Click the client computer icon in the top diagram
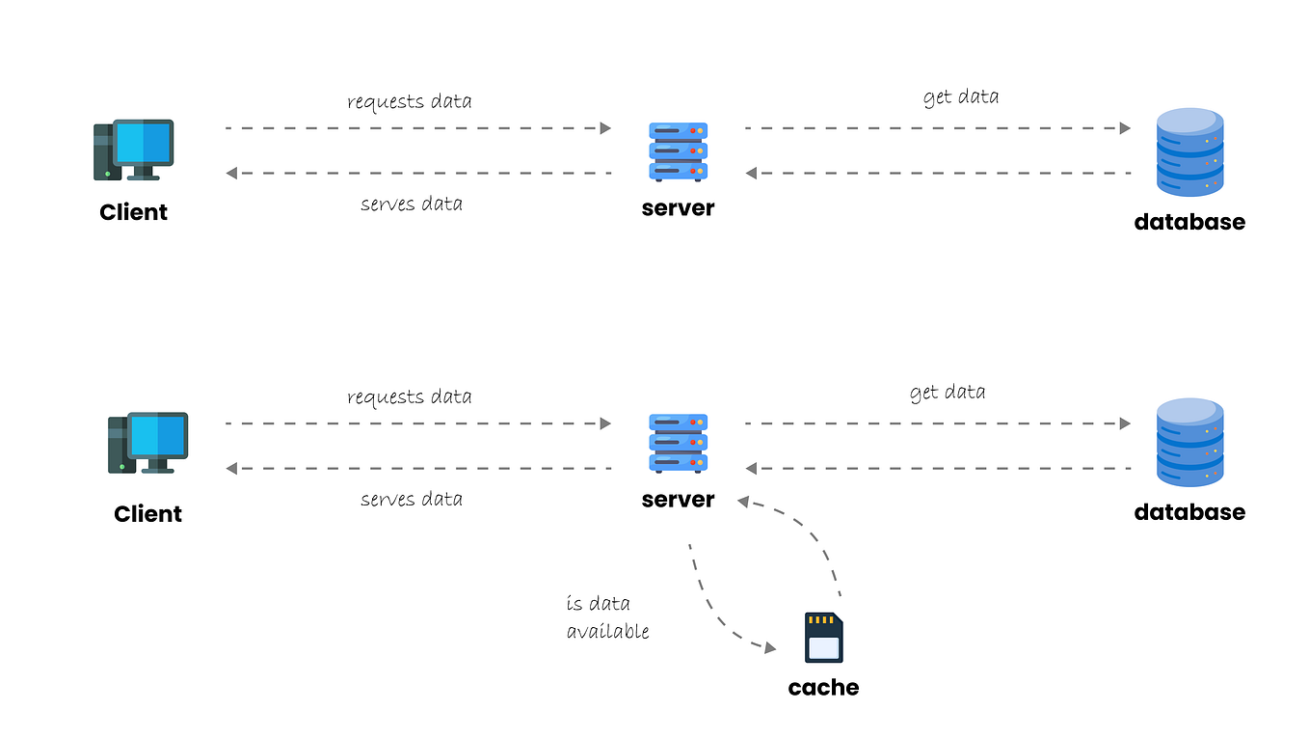[x=133, y=150]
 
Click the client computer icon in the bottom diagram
[x=147, y=443]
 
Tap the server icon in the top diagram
[x=678, y=152]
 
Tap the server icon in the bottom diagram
[x=678, y=444]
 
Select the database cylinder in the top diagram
[x=1189, y=152]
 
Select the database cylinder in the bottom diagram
[x=1189, y=443]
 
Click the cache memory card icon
[x=823, y=638]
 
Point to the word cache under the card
[x=823, y=688]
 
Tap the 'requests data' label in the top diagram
[x=409, y=101]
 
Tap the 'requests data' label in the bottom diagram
[x=409, y=396]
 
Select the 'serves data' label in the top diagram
[x=411, y=204]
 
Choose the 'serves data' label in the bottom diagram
[x=411, y=499]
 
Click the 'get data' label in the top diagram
[x=960, y=96]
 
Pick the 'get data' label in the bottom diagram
[x=947, y=392]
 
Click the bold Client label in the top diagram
[x=133, y=212]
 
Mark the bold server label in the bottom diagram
[x=678, y=500]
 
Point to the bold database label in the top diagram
[x=1189, y=222]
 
